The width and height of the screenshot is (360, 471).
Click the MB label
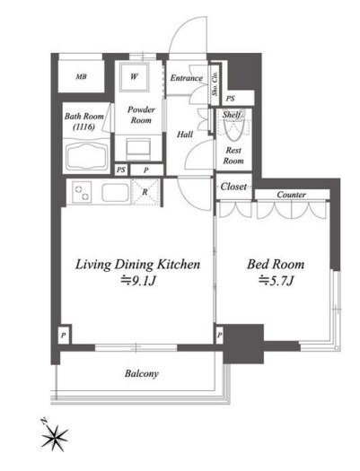click(81, 76)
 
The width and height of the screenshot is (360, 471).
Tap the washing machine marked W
click(134, 77)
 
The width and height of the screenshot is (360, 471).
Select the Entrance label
click(187, 78)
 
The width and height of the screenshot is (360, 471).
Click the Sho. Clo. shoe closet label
click(215, 83)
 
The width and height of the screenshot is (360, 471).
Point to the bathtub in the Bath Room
click(86, 156)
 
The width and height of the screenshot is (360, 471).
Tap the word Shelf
click(232, 115)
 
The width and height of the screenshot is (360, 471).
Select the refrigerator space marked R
click(145, 192)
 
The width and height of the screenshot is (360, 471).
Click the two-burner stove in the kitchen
click(82, 192)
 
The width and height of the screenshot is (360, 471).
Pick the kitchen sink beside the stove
click(116, 193)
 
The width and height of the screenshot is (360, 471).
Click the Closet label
click(233, 187)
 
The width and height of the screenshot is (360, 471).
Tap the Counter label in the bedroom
click(291, 195)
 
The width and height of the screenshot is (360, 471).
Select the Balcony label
click(141, 374)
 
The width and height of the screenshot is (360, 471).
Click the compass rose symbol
click(55, 436)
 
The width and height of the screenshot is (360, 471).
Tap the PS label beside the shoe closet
click(230, 99)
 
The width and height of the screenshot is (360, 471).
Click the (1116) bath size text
click(83, 126)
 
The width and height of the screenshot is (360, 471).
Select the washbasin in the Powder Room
click(138, 148)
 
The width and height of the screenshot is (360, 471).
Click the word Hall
click(185, 135)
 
